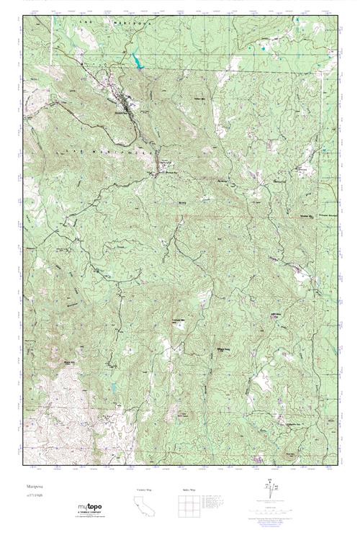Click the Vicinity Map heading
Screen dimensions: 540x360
click(144, 490)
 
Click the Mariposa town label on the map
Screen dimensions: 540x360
click(122, 113)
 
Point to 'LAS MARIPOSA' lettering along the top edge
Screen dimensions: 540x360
click(115, 24)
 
